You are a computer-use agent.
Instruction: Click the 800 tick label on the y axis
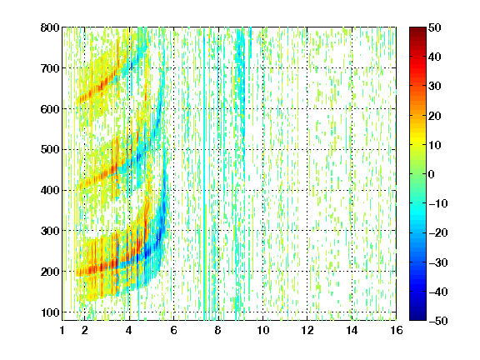50,27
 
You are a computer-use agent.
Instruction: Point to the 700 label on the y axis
50,68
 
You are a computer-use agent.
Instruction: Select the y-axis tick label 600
50,109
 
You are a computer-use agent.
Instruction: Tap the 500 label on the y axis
50,150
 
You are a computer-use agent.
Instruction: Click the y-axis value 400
50,190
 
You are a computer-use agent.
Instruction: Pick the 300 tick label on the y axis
50,231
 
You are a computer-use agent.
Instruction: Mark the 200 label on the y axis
50,272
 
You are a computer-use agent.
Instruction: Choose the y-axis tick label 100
50,312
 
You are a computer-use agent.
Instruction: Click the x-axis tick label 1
62,330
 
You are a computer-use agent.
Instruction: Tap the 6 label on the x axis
174,330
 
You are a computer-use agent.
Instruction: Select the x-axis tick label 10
263,330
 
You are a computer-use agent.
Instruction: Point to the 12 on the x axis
307,330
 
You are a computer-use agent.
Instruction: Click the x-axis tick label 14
352,330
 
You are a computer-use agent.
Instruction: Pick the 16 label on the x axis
397,330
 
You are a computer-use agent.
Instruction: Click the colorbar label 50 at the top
434,27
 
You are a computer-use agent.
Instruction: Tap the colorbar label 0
432,174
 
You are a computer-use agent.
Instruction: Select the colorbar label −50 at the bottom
438,321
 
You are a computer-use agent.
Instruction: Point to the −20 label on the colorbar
438,232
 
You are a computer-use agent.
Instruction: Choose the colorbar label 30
434,87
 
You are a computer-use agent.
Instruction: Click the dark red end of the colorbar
417,30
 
